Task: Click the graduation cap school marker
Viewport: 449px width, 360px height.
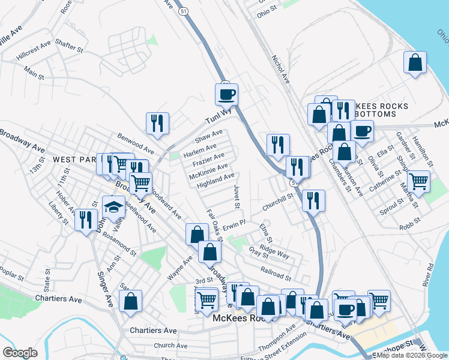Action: coord(113,207)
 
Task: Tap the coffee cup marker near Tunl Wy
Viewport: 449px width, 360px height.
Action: coord(227,94)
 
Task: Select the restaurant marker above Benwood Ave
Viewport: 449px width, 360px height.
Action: coord(157,122)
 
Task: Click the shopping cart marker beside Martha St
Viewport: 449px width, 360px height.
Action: coord(418,180)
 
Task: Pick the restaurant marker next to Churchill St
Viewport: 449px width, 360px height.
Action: coord(313,200)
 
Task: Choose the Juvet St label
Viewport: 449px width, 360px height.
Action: coord(237,197)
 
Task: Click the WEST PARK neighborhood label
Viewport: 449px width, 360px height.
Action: coord(74,160)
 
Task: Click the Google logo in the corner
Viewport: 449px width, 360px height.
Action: coord(20,353)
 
